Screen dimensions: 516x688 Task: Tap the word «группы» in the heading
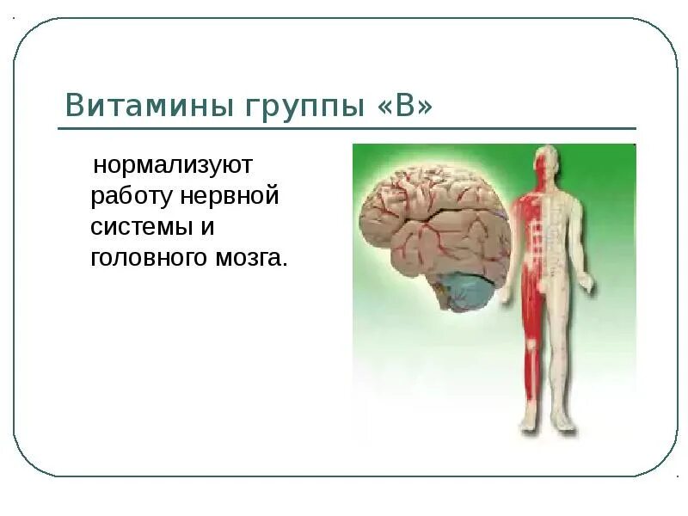click(x=284, y=107)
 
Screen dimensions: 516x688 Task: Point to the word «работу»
click(x=132, y=195)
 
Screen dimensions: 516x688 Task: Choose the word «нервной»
click(x=230, y=195)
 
